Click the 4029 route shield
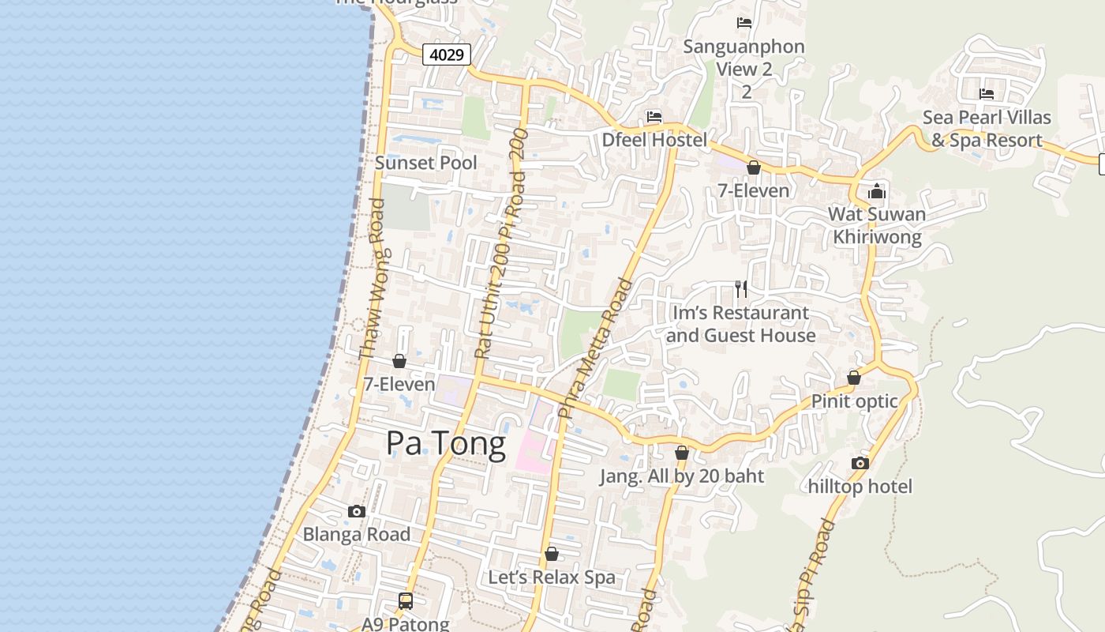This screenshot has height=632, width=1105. [447, 55]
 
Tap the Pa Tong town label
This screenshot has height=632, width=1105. [445, 444]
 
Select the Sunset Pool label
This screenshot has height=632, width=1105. [425, 163]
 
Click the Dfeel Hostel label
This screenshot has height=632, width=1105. [654, 140]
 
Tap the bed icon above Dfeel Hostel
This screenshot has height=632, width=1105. [654, 117]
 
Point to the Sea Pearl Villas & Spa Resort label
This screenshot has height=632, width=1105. [987, 129]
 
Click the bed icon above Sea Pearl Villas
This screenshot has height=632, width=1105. [987, 94]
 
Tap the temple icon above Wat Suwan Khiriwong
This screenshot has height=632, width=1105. [877, 191]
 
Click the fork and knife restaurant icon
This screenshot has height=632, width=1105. [740, 289]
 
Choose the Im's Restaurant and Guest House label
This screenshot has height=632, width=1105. [740, 324]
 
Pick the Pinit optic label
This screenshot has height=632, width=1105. [854, 401]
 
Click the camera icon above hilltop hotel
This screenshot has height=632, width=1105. [860, 463]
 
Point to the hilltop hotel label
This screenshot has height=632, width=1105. [860, 487]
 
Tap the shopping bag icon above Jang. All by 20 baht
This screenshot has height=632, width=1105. [682, 453]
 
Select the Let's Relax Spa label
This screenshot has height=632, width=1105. [551, 577]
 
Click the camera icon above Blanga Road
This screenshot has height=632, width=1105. [357, 511]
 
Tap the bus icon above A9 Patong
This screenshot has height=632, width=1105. [406, 601]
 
